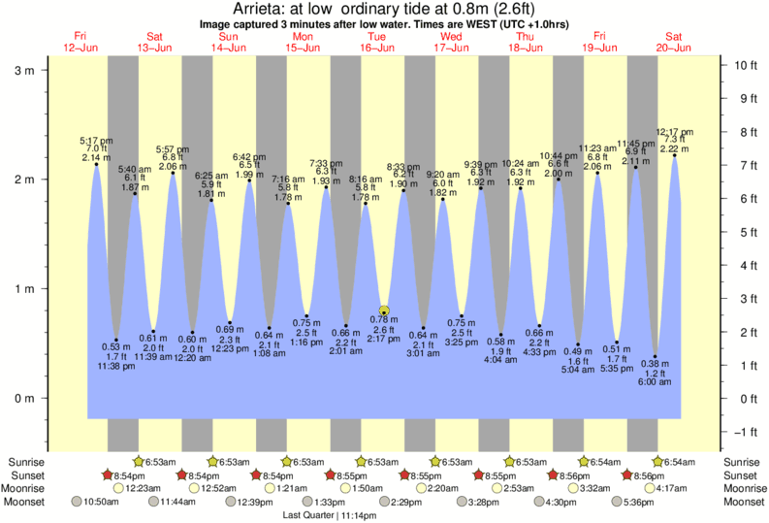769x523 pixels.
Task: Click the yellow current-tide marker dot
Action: [x=384, y=311]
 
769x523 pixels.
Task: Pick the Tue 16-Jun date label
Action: [x=378, y=42]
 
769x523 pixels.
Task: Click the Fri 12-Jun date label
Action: [x=81, y=42]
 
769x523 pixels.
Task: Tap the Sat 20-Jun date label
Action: [x=674, y=42]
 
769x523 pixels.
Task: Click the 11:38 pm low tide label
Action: [x=115, y=366]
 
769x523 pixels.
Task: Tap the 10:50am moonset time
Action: [x=101, y=502]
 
